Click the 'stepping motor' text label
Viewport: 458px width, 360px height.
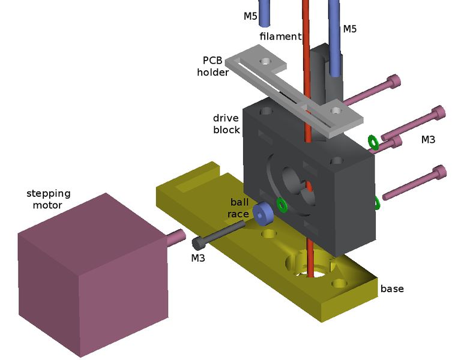[x=48, y=199]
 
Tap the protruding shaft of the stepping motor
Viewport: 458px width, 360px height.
[x=174, y=236]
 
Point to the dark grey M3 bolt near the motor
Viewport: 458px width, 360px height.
[x=219, y=234]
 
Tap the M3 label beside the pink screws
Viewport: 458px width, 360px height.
[x=428, y=140]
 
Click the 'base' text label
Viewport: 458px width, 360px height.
[x=392, y=289]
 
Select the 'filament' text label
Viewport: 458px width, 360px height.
[x=280, y=37]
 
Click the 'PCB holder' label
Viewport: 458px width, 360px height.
[x=215, y=66]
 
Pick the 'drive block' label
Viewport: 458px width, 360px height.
[x=226, y=124]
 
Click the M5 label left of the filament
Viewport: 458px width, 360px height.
[x=250, y=16]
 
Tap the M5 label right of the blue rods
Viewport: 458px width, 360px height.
[x=349, y=29]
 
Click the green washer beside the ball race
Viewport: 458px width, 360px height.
[x=282, y=205]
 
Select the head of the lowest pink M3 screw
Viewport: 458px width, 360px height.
[x=440, y=173]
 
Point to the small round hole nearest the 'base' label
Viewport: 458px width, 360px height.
[x=340, y=283]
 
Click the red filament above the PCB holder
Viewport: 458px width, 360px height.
[x=306, y=24]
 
